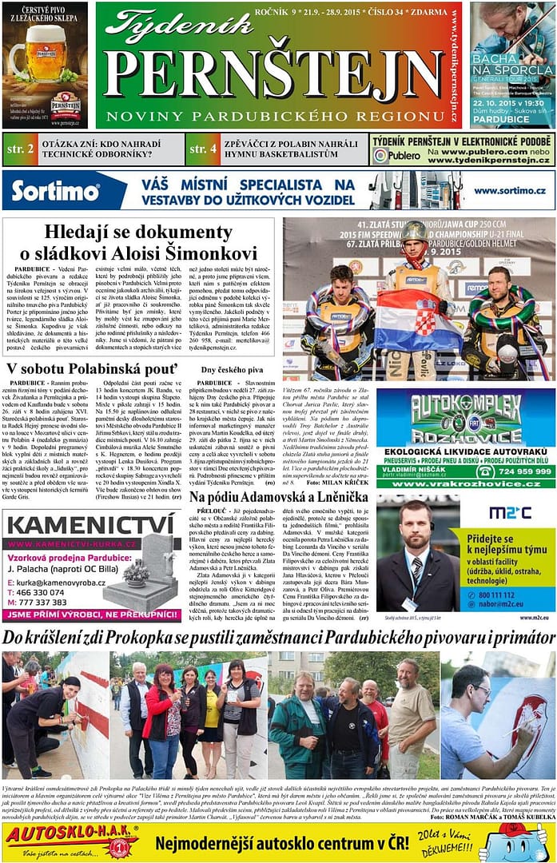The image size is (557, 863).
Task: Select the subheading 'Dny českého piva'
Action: point(232,370)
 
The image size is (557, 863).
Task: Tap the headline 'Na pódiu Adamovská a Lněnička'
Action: point(279,497)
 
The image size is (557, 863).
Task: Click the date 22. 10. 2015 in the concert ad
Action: point(489,103)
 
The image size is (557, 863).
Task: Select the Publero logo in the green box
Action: point(396,156)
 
